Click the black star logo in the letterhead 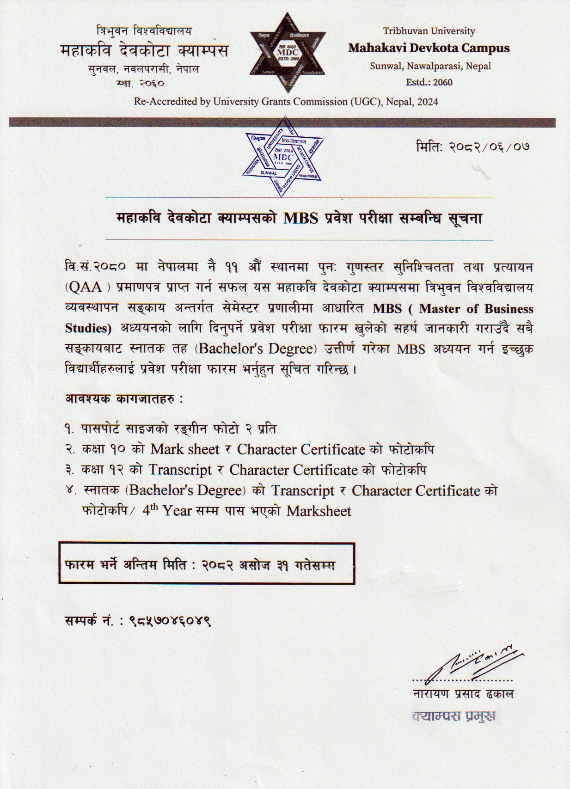coord(288,52)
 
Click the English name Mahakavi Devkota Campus coord(429,48)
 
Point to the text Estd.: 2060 coord(429,82)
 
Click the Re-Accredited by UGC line coord(286,102)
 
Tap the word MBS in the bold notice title coord(300,218)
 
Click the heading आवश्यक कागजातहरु coord(123,398)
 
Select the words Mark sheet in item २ coord(185,449)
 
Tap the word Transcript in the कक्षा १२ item coord(180,470)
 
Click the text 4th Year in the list coord(167,511)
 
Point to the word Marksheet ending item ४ coord(319,511)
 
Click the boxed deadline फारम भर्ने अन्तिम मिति coord(206,564)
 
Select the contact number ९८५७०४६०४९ coord(170,621)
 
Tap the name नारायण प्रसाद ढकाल coord(463,694)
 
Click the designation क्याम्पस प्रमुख coord(454,716)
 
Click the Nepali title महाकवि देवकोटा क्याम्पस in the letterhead coord(144,50)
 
